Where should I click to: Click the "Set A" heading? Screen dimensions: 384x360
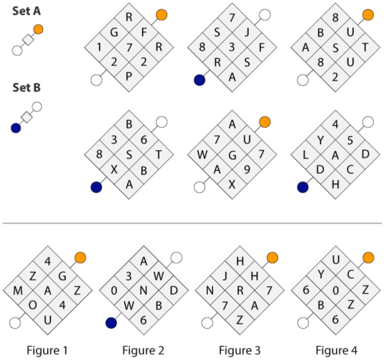point(27,11)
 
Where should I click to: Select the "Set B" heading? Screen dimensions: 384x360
point(27,88)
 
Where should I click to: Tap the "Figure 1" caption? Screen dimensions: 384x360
point(47,350)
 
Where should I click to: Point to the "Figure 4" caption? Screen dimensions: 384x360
point(336,350)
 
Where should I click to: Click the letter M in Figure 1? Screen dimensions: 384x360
point(18,291)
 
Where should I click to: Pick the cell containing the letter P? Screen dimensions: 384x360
point(129,77)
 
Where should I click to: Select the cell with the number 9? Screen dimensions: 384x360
point(247,169)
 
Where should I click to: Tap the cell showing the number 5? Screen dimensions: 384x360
point(350,140)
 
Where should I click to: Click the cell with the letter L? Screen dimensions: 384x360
point(306,155)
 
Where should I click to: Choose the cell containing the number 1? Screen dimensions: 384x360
point(99,47)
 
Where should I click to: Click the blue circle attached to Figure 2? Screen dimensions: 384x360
point(111,323)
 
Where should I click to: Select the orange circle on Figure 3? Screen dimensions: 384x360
point(272,258)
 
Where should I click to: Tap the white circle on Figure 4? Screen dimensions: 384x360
point(303,323)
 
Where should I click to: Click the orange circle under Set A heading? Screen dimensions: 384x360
point(38,29)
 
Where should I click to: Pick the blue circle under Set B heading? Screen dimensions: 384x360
point(16,128)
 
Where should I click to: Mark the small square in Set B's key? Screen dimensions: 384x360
point(27,117)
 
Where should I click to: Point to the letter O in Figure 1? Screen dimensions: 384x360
point(33,305)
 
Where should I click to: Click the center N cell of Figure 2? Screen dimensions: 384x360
point(144,291)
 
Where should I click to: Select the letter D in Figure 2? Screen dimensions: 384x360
point(174,291)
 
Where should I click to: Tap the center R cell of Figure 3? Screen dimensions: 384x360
point(240,291)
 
